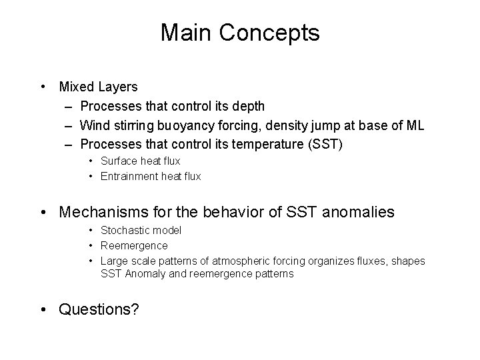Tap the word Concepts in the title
272,33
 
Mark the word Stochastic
124,231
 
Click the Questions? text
99,309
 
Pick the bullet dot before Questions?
43,309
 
